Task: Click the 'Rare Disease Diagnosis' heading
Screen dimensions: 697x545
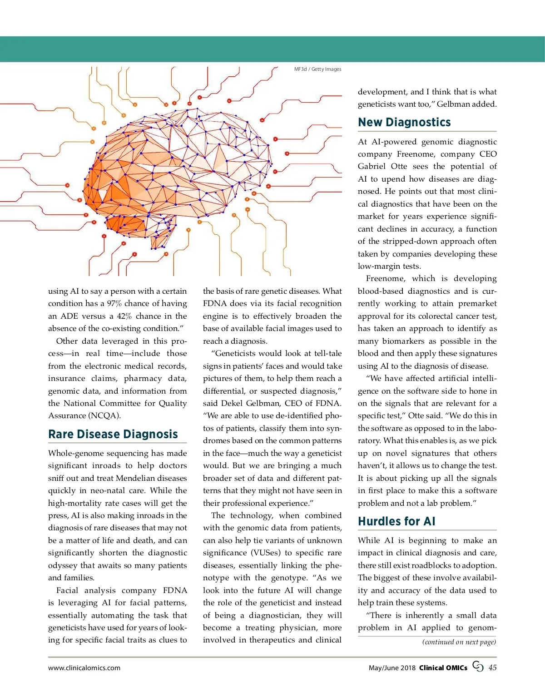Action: pyautogui.click(x=113, y=434)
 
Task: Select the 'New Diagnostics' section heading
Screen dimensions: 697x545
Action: pyautogui.click(x=404, y=122)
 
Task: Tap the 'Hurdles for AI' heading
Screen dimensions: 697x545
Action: pyautogui.click(x=396, y=521)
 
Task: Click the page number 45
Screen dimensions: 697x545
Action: pyautogui.click(x=492, y=667)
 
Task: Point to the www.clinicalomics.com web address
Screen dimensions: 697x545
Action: pyautogui.click(x=84, y=668)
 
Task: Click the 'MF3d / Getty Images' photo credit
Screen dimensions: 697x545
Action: pyautogui.click(x=317, y=69)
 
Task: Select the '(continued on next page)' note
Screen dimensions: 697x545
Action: pyautogui.click(x=459, y=642)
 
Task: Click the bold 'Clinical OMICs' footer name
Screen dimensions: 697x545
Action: pyautogui.click(x=443, y=668)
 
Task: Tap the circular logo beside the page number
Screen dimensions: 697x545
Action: pyautogui.click(x=478, y=667)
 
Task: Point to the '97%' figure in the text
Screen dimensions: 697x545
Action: pyautogui.click(x=114, y=304)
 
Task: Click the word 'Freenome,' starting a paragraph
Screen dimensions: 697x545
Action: pyautogui.click(x=386, y=279)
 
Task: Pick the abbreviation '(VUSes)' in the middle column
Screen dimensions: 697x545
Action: pyautogui.click(x=265, y=553)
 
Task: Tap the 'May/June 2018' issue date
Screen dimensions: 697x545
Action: pyautogui.click(x=392, y=668)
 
